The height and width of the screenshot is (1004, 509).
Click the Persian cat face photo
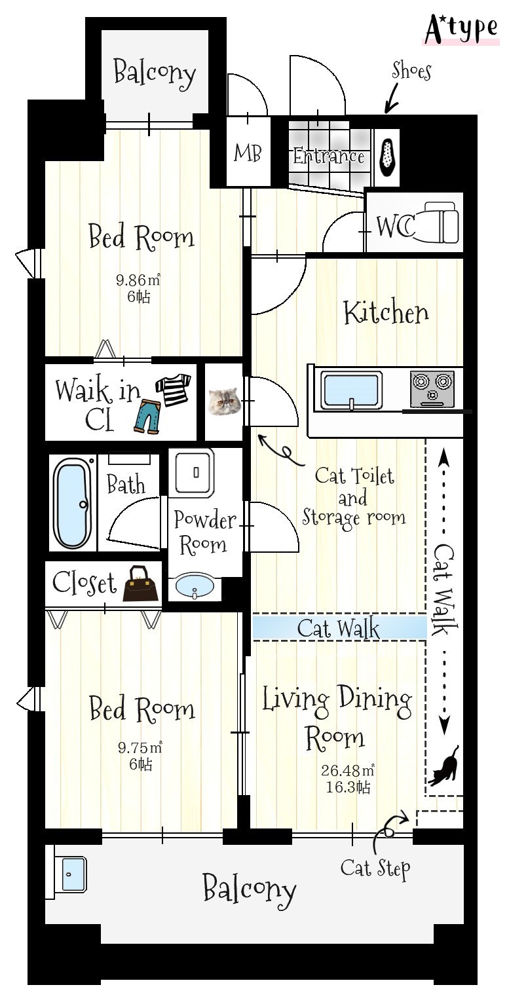pyautogui.click(x=224, y=400)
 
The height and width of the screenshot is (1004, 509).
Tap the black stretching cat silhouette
pyautogui.click(x=443, y=766)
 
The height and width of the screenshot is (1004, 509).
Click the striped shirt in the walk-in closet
pyautogui.click(x=173, y=390)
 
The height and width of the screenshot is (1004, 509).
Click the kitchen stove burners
pyautogui.click(x=432, y=388)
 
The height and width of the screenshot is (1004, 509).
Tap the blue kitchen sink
pyautogui.click(x=352, y=390)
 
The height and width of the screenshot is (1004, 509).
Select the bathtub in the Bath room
pyautogui.click(x=72, y=502)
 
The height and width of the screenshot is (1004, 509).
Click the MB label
pyautogui.click(x=248, y=153)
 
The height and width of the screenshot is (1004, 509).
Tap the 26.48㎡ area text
pyautogui.click(x=348, y=770)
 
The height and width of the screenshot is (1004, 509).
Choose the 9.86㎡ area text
pyautogui.click(x=138, y=280)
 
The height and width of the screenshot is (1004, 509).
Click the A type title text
pyautogui.click(x=461, y=28)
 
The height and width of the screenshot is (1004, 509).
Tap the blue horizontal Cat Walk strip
pyautogui.click(x=339, y=627)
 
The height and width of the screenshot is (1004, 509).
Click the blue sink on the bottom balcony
pyautogui.click(x=73, y=874)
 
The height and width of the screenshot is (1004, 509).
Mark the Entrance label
pyautogui.click(x=329, y=157)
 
